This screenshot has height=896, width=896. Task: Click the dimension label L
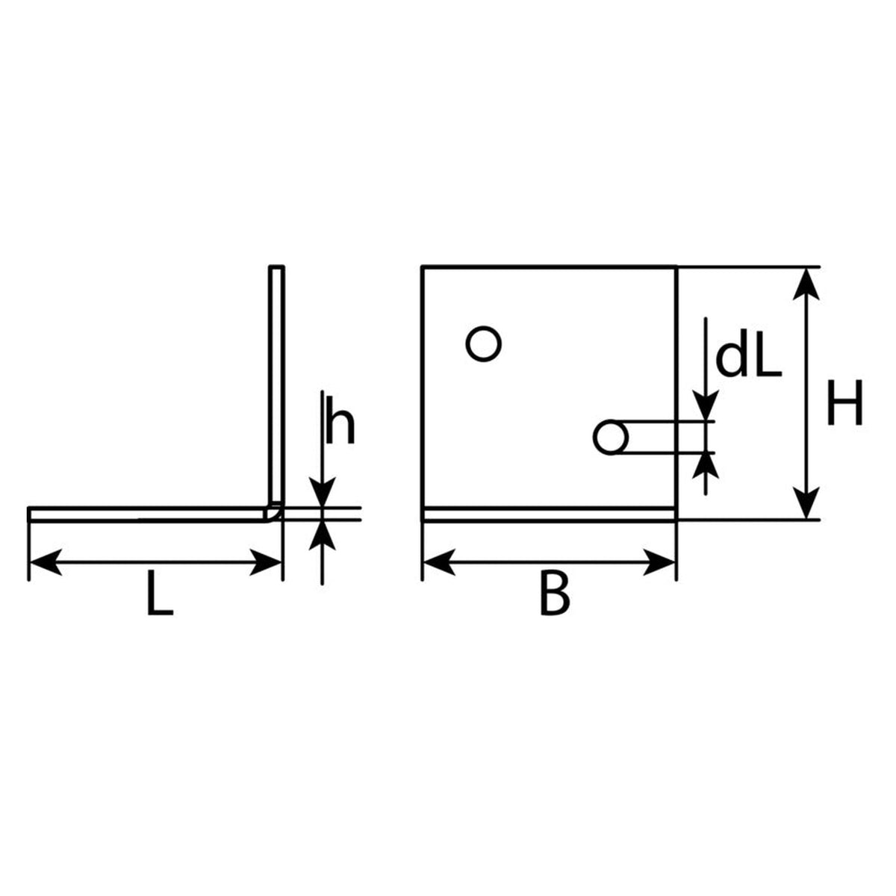pos(161,600)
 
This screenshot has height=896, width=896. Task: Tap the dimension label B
pos(555,600)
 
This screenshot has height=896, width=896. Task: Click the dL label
pos(749,361)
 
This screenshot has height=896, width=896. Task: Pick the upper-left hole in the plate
pos(483,343)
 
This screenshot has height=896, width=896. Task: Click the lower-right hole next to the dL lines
pos(611,438)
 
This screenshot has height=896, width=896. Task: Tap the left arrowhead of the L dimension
pos(46,563)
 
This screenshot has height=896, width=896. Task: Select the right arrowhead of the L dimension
pos(266,563)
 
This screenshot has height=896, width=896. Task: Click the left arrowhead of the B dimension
pos(439,563)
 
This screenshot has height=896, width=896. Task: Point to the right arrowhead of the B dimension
pos(659,563)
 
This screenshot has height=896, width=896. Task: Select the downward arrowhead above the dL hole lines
pos(706,405)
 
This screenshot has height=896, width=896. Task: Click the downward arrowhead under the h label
pos(323,491)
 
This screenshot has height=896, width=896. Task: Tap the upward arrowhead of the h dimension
pos(323,535)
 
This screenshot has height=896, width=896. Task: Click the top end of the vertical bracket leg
pos(277,267)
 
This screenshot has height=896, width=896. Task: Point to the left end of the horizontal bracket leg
pos(29,514)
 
